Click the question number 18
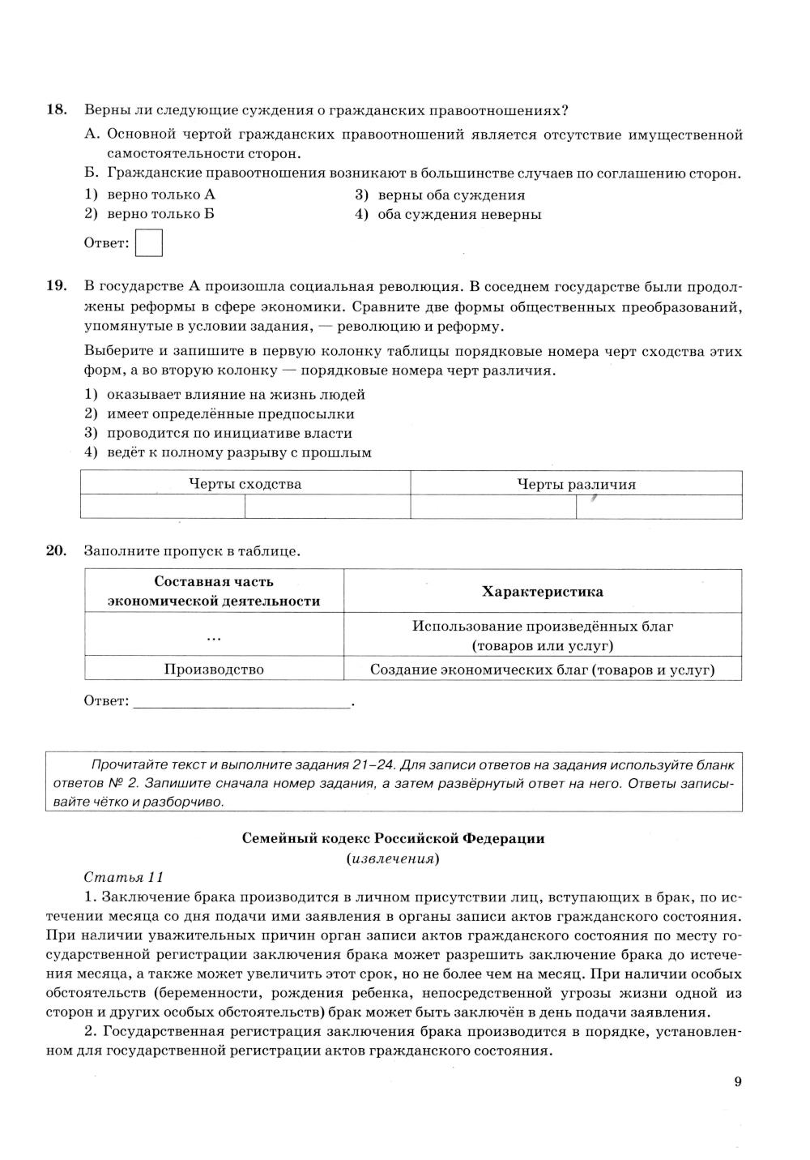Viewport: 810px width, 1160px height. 56,110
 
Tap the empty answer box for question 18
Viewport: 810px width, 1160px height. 149,243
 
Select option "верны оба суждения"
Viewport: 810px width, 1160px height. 450,195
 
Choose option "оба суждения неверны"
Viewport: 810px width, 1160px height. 458,215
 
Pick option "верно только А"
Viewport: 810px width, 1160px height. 160,195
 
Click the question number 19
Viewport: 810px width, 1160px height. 56,286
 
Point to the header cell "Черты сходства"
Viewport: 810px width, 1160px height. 245,484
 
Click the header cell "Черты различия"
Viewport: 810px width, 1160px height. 576,485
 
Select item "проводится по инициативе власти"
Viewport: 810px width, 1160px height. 229,434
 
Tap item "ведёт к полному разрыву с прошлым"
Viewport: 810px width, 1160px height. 239,453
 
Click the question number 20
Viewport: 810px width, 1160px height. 56,551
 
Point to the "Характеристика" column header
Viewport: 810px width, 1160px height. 542,592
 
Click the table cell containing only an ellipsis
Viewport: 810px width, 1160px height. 214,636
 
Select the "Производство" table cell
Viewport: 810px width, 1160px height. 214,670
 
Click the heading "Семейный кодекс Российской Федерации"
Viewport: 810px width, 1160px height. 393,839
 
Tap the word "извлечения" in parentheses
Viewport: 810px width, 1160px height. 393,858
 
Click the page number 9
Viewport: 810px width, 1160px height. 737,1082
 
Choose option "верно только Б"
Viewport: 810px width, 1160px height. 160,215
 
